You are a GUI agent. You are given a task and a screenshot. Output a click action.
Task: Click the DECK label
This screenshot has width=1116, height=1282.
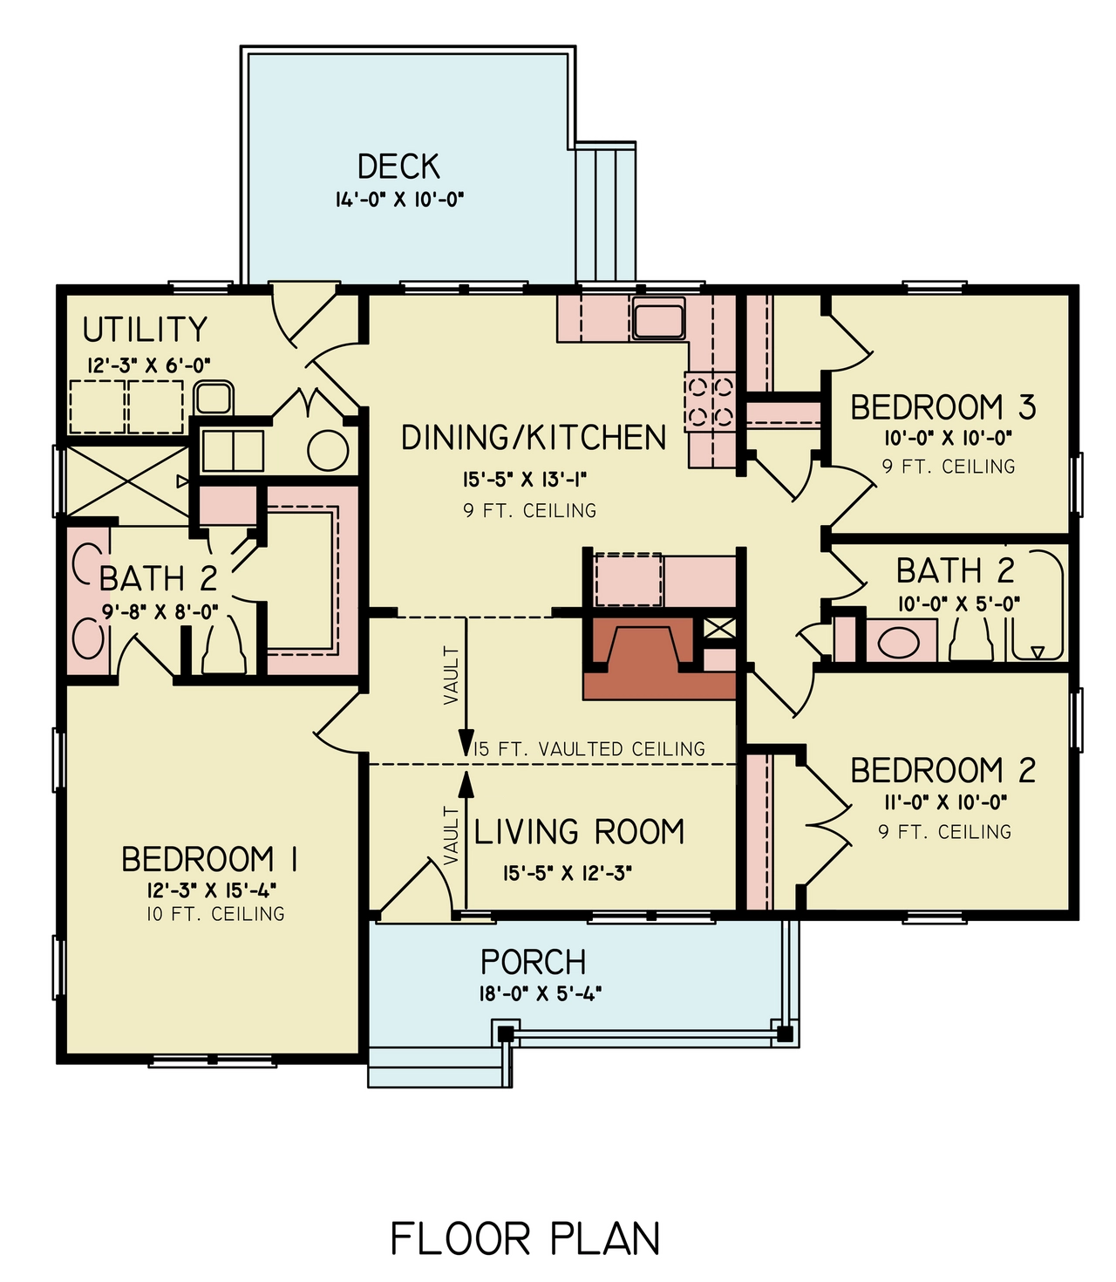coord(398,166)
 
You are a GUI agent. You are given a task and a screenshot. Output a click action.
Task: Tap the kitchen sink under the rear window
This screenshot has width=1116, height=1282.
coord(659,318)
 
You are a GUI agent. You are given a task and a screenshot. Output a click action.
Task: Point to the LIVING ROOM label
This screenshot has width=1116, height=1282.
coord(579,832)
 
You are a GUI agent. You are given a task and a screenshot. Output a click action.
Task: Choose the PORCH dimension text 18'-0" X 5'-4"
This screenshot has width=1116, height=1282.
coord(541,992)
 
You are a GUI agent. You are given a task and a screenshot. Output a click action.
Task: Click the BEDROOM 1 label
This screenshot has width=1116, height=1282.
coord(209,860)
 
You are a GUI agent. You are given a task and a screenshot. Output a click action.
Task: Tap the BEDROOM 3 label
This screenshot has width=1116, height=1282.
coord(942,407)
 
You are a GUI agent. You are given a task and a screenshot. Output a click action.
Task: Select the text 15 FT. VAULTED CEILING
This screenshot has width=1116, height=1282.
coord(589,749)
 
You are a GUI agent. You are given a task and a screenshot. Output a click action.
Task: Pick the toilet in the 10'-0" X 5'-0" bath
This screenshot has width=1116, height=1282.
coord(970,641)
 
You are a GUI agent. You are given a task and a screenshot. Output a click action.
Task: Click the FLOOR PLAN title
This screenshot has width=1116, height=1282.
coord(525,1239)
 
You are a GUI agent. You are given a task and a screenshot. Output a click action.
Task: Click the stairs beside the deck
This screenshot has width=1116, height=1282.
coord(605,214)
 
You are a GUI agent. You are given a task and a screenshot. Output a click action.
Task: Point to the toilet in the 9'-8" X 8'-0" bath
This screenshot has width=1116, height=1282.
coord(223,650)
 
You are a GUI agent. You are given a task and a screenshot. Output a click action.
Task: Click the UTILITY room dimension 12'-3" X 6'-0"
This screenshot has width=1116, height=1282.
coord(148,365)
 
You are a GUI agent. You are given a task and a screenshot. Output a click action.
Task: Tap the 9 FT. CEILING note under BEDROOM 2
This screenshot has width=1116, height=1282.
coord(944,832)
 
